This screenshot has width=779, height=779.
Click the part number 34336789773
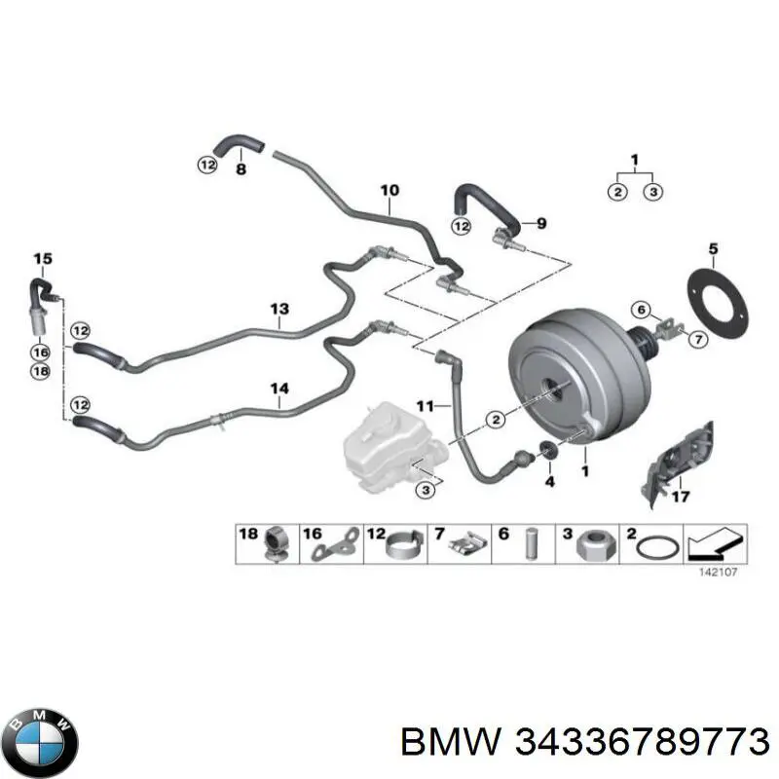pyautogui.click(x=643, y=743)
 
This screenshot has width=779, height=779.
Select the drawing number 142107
pyautogui.click(x=719, y=573)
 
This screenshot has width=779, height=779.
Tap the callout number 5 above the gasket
pyautogui.click(x=713, y=249)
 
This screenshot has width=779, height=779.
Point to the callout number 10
pyautogui.click(x=390, y=190)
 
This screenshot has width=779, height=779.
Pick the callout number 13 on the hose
pyautogui.click(x=279, y=309)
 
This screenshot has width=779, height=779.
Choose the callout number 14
pyautogui.click(x=279, y=389)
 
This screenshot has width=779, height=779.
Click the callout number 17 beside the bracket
pyautogui.click(x=681, y=496)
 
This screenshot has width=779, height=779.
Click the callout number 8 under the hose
pyautogui.click(x=241, y=169)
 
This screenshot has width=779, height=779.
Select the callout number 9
pyautogui.click(x=541, y=224)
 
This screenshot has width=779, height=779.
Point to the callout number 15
pyautogui.click(x=43, y=259)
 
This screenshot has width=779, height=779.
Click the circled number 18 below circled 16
pyautogui.click(x=40, y=371)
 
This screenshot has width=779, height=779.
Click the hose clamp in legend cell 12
pyautogui.click(x=405, y=545)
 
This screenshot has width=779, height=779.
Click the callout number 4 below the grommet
pyautogui.click(x=549, y=481)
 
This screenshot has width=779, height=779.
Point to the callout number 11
pyautogui.click(x=426, y=406)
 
